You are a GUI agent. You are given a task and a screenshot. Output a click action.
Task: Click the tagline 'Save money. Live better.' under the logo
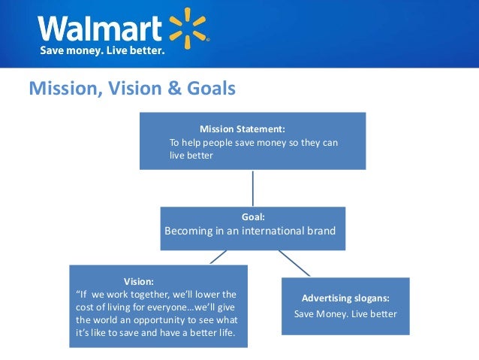pos(102,51)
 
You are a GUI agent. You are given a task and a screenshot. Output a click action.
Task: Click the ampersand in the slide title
pos(172,89)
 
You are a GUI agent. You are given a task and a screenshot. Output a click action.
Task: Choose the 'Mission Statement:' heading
pos(242,129)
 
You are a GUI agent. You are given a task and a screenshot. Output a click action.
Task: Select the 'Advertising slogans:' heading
pos(345,298)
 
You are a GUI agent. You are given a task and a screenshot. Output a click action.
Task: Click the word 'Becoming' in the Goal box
pos(190,231)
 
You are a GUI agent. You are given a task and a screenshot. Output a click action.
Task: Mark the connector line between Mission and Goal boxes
pos(253,188)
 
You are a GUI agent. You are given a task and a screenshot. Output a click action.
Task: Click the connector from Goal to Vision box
pos(218,257)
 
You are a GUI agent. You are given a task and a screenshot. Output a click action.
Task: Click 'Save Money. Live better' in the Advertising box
pos(345,313)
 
